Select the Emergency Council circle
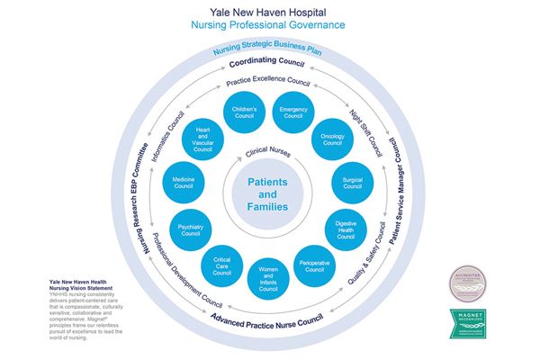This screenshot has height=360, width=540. pos(292,113)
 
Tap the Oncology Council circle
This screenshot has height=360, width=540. pos(332,141)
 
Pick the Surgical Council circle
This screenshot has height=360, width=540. pos(352,182)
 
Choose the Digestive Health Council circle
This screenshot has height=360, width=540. pos(345,227)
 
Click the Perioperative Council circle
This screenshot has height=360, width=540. pos(314,265)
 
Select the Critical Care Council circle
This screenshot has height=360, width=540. pos(222,265)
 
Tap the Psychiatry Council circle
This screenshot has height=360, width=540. pos(190,229)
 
